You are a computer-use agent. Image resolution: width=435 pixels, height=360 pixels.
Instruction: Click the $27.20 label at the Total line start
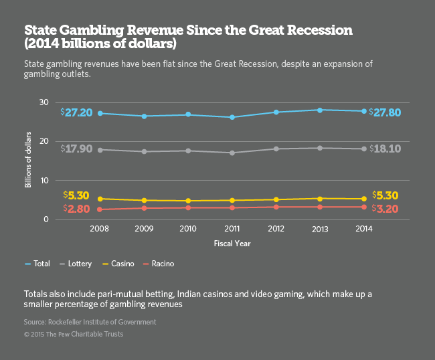click(x=78, y=113)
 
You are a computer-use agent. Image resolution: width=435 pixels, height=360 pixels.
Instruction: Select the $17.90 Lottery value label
click(x=78, y=149)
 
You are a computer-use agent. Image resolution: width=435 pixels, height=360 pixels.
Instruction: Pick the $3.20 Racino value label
click(x=385, y=209)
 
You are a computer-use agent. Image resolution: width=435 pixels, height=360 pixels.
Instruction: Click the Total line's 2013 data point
click(x=320, y=110)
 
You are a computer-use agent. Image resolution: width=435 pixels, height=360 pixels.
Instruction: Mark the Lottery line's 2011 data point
click(x=232, y=153)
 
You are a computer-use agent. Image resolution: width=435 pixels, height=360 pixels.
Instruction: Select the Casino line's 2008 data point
click(x=100, y=199)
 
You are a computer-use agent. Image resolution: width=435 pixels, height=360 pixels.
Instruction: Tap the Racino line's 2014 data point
click(x=363, y=207)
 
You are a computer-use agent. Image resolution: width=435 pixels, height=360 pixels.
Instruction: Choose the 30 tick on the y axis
click(x=43, y=102)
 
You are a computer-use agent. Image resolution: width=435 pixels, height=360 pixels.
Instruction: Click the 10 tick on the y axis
click(x=43, y=181)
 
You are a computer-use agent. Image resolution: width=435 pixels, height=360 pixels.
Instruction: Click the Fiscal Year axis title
click(x=232, y=244)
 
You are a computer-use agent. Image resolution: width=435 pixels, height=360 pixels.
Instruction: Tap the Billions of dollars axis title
click(x=29, y=161)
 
